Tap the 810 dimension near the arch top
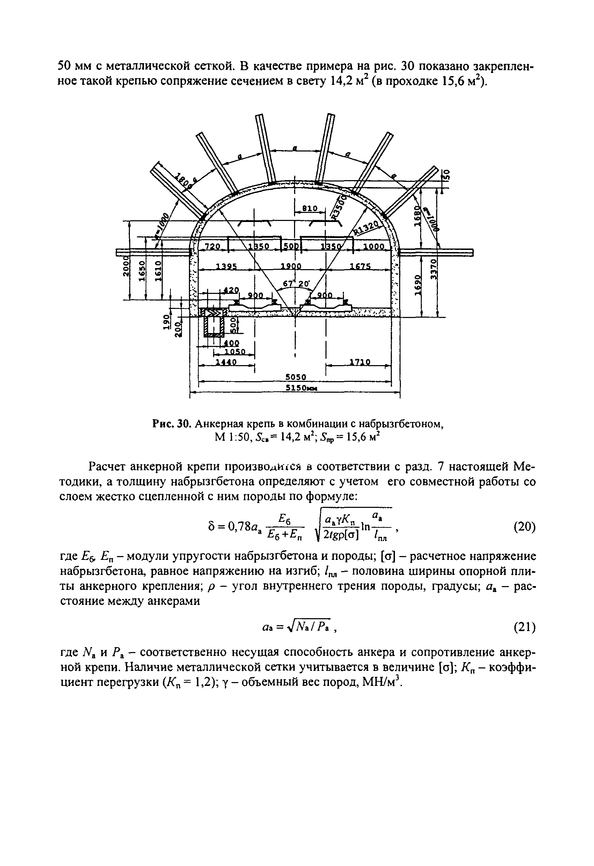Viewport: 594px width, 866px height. (309, 209)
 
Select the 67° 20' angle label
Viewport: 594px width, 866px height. (296, 283)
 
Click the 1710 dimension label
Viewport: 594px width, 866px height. (360, 362)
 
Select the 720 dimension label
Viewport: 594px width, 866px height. (213, 247)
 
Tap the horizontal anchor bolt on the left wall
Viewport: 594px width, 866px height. (153, 253)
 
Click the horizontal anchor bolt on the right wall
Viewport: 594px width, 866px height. (436, 253)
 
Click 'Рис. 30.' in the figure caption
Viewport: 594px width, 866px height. (172, 424)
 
